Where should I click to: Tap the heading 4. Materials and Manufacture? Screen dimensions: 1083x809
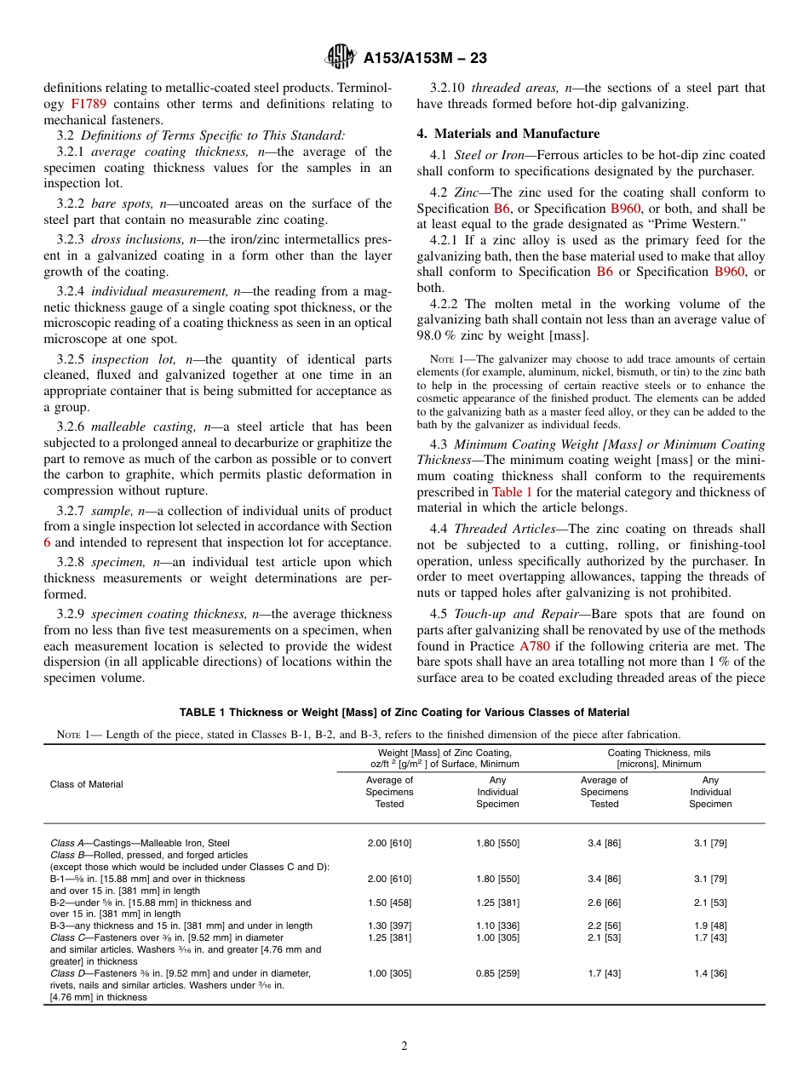click(x=508, y=134)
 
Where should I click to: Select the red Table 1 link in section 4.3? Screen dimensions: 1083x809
click(x=513, y=491)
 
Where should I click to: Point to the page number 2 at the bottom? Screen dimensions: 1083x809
click(x=404, y=1046)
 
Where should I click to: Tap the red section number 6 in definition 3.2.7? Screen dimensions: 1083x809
click(x=48, y=542)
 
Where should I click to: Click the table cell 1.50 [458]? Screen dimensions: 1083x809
click(x=389, y=902)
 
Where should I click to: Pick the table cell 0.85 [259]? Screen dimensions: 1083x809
click(x=497, y=973)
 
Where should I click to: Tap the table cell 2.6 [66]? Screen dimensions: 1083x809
click(x=605, y=902)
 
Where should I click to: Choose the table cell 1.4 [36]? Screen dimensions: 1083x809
click(x=710, y=973)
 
